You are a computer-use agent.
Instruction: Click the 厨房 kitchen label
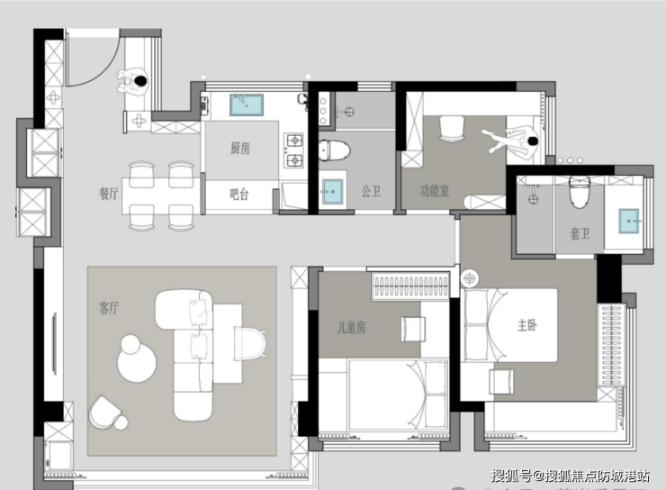pyautogui.click(x=240, y=149)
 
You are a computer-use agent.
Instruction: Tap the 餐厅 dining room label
pyautogui.click(x=109, y=194)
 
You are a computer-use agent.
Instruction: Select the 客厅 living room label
pyautogui.click(x=109, y=307)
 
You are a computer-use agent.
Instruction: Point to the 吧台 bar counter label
pyautogui.click(x=238, y=195)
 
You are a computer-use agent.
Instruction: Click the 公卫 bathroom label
pyautogui.click(x=371, y=191)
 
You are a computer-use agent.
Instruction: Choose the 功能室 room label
pyautogui.click(x=435, y=191)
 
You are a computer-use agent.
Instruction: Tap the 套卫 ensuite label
pyautogui.click(x=580, y=233)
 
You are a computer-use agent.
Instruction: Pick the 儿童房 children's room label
pyautogui.click(x=351, y=327)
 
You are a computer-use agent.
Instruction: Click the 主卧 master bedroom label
pyautogui.click(x=526, y=325)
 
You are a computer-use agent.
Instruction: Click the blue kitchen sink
pyautogui.click(x=247, y=105)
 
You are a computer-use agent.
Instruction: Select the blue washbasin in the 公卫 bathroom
pyautogui.click(x=332, y=192)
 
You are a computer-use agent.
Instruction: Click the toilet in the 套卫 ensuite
pyautogui.click(x=580, y=192)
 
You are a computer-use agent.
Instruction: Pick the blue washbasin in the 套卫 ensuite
pyautogui.click(x=628, y=221)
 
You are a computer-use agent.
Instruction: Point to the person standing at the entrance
pyautogui.click(x=133, y=82)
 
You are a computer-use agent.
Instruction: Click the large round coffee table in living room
pyautogui.click(x=136, y=362)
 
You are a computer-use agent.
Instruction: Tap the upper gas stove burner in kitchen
pyautogui.click(x=294, y=141)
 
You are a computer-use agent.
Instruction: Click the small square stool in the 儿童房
pyautogui.click(x=412, y=329)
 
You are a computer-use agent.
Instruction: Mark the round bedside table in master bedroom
pyautogui.click(x=470, y=279)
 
